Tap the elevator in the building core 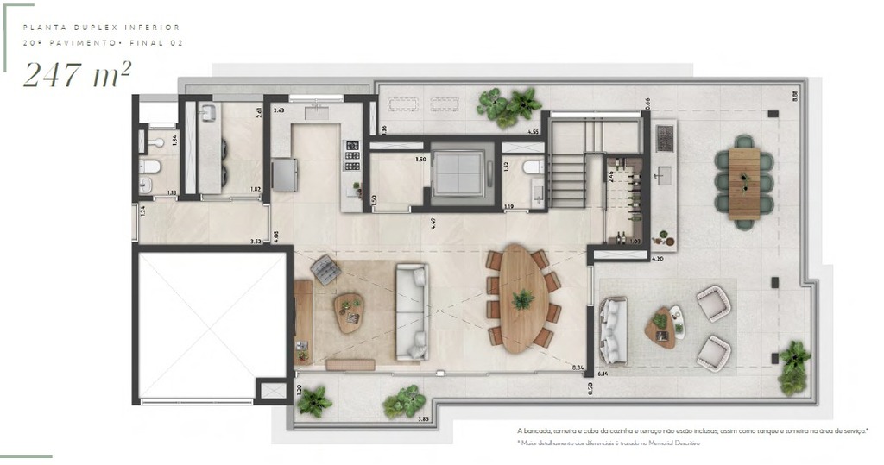(x=458, y=173)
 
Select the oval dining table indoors (x=521, y=298)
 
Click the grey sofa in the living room (x=412, y=311)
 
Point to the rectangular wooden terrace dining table (x=743, y=184)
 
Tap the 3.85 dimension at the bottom (x=423, y=419)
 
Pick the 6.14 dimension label (x=603, y=374)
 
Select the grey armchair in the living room (x=325, y=269)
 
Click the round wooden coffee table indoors (x=350, y=311)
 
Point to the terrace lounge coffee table (x=661, y=326)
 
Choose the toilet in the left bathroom (x=148, y=167)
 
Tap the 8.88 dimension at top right (x=793, y=97)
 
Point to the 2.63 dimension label (x=279, y=111)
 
